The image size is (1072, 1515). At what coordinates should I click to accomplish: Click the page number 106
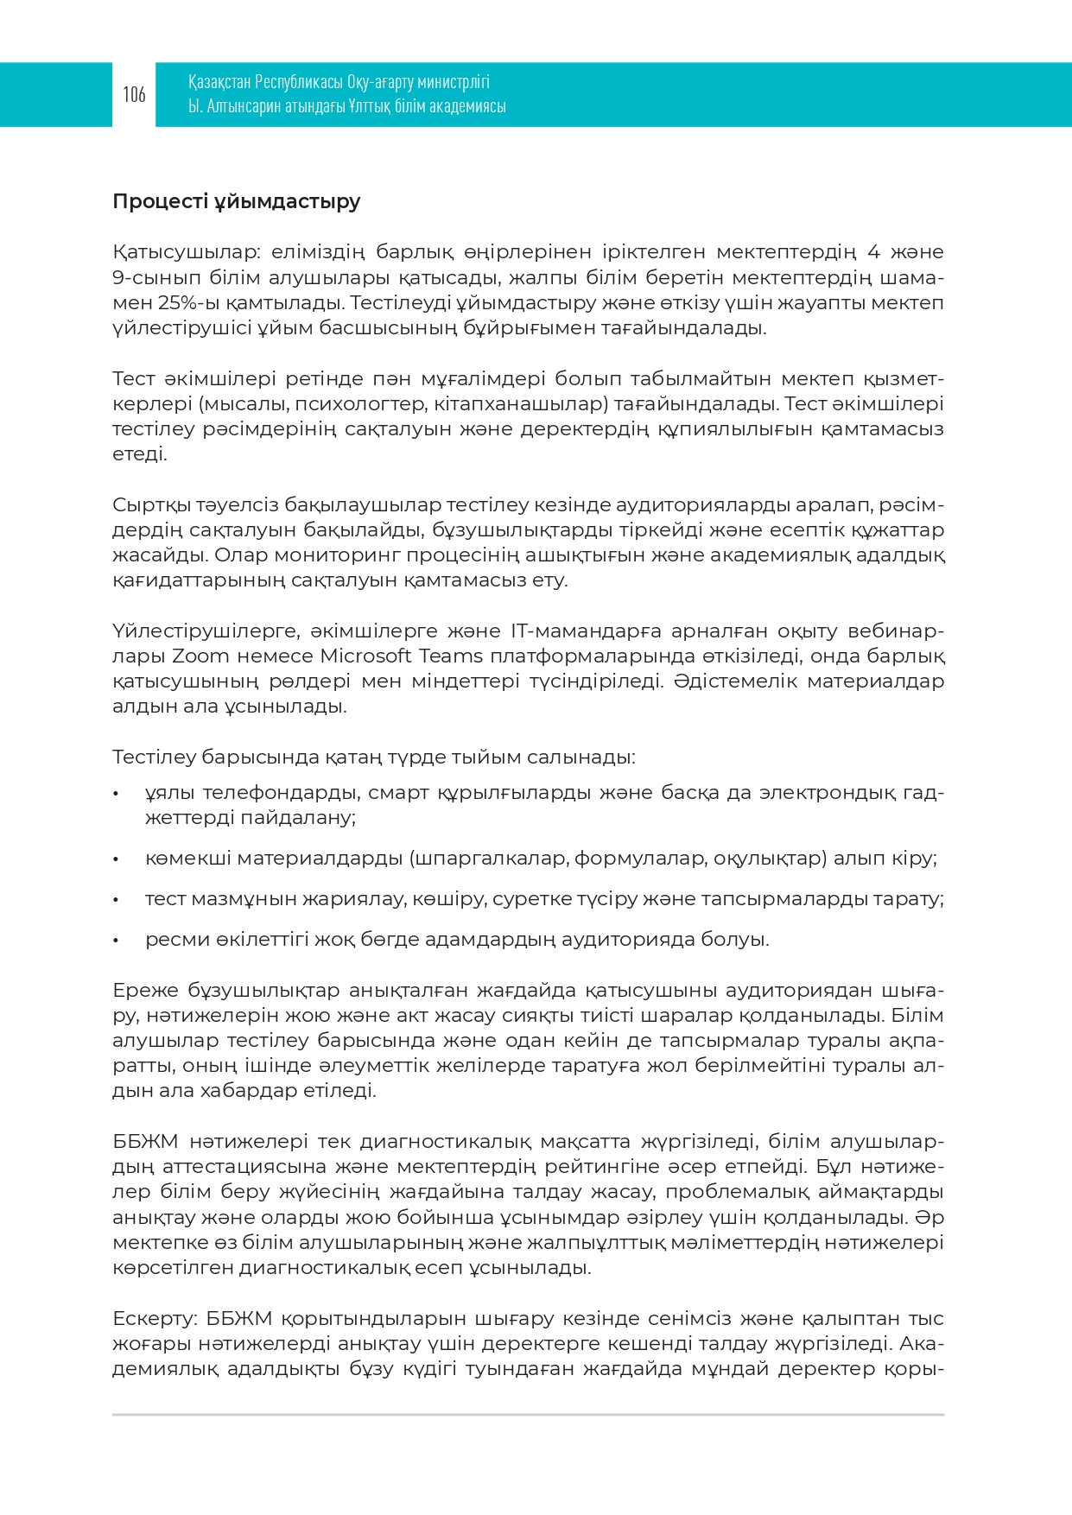coord(134,94)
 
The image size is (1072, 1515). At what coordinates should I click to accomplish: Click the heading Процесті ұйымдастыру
coord(236,201)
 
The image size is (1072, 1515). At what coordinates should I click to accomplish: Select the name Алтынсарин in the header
coord(244,106)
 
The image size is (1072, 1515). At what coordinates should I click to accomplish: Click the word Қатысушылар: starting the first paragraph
coord(186,252)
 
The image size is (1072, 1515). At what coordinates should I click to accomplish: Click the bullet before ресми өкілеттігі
coord(116,941)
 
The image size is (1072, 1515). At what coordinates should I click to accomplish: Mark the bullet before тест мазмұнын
coord(116,900)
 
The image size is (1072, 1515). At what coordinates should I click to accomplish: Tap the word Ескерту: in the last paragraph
coord(155,1319)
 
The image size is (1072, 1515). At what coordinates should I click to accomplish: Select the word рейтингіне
coord(599,1167)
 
